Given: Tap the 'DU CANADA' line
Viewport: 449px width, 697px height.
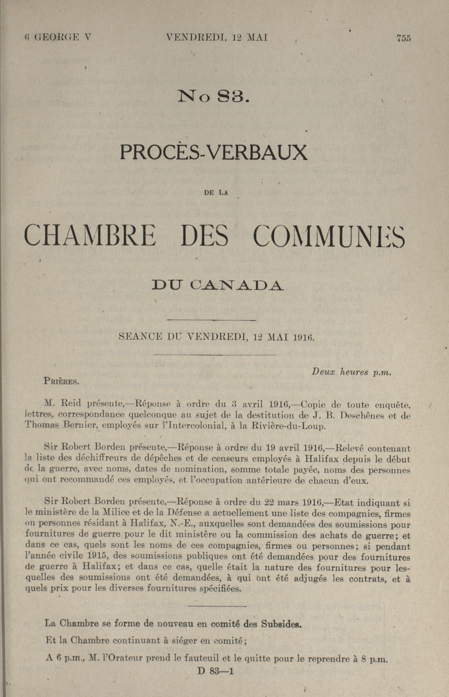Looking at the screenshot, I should [x=217, y=285].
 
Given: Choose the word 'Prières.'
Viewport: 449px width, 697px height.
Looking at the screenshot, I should [x=61, y=381].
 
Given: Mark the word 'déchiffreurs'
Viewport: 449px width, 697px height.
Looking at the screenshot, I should [x=104, y=459].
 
